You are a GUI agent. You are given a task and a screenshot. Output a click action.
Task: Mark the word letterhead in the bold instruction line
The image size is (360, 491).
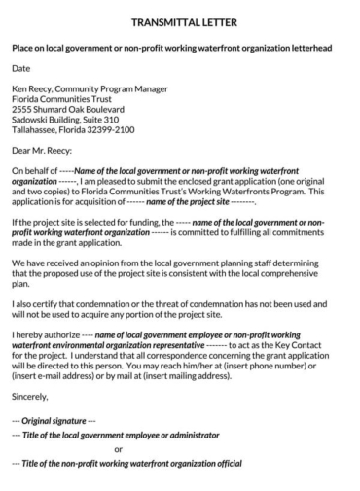(x=306, y=48)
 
